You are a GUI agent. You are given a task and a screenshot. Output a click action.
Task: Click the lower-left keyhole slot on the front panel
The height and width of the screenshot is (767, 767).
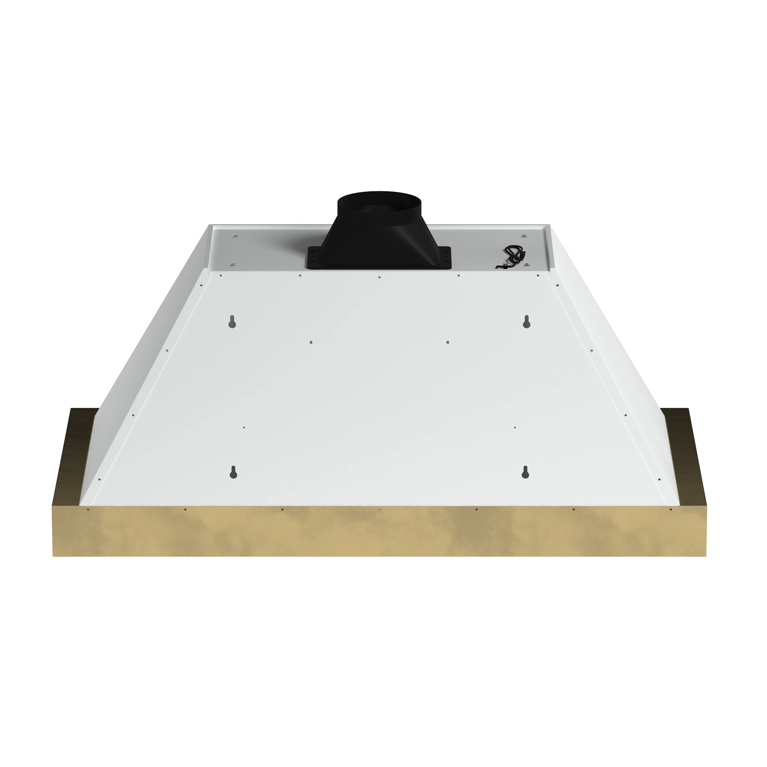click(x=233, y=472)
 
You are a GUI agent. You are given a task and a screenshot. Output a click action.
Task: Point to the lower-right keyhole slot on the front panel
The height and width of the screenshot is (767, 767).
click(x=525, y=472)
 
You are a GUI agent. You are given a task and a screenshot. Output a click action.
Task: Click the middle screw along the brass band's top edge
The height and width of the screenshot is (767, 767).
click(x=380, y=509)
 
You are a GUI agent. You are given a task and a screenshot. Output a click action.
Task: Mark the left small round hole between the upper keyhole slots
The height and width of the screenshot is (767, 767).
click(x=311, y=342)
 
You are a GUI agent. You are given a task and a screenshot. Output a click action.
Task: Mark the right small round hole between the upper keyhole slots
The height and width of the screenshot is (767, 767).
click(x=448, y=342)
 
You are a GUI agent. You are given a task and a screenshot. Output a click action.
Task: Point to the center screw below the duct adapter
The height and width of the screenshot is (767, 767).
click(x=380, y=277)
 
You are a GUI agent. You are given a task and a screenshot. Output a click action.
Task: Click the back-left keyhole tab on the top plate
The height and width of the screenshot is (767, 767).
click(x=235, y=236)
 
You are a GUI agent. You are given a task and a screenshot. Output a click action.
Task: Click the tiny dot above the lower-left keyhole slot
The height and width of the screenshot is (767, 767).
click(x=244, y=428)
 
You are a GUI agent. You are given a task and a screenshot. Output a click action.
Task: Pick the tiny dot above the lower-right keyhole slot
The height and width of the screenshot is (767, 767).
click(x=515, y=428)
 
